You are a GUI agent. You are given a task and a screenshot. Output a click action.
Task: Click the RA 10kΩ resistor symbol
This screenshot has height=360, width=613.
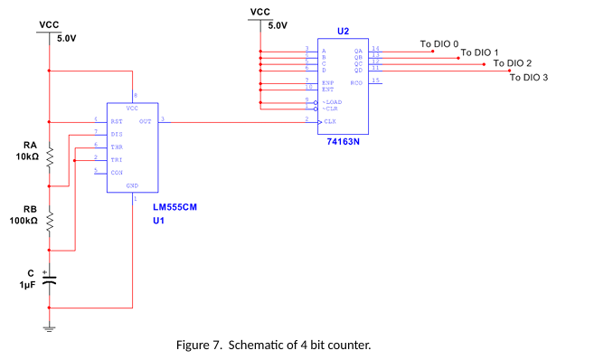pos(50,156)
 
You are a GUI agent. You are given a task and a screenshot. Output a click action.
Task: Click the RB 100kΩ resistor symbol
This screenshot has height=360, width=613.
pos(50,220)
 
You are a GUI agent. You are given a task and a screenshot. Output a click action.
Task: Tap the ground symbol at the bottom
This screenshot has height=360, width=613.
pos(50,327)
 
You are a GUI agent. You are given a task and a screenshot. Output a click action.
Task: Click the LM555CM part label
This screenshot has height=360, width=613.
pos(174,207)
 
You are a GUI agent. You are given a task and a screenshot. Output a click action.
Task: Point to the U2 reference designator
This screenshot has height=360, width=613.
pos(343,31)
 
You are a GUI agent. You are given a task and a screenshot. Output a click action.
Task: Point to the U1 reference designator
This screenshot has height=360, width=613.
pos(158,220)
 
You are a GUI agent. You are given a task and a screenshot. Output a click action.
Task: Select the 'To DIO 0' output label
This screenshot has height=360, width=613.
pos(439,43)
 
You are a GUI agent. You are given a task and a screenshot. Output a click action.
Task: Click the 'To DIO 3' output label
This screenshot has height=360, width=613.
pos(529,78)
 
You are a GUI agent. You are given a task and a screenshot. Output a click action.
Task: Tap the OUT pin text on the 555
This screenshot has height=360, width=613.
pos(145,120)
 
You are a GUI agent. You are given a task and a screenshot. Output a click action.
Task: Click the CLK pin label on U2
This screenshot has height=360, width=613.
pos(330,120)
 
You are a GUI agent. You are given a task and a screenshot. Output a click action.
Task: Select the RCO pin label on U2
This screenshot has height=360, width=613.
pos(356,82)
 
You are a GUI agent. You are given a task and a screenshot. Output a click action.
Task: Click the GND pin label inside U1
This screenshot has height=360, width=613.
pos(132,185)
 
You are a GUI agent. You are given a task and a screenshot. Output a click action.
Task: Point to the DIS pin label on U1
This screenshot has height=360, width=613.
pos(117,133)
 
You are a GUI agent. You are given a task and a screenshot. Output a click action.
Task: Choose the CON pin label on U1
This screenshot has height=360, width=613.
pos(117,172)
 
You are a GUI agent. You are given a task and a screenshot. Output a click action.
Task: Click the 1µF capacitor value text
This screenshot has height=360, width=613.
pos(27,284)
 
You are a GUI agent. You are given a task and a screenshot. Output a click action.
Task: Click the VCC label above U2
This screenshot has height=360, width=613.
pos(259,12)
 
